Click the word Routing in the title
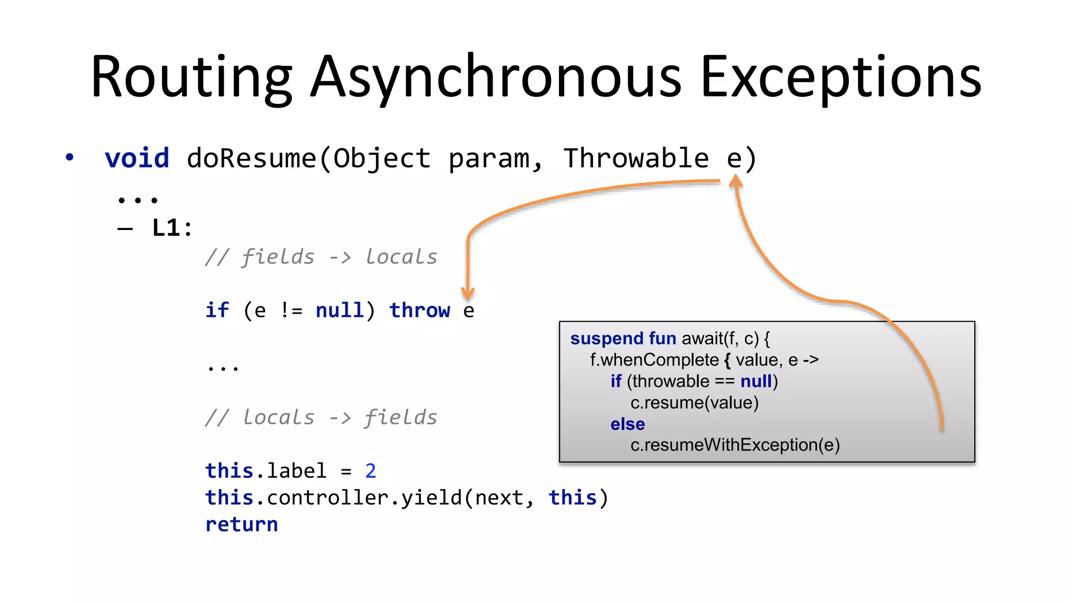pos(190,77)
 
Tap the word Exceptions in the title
pos(841,77)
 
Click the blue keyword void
pos(137,158)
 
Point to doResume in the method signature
pos(252,158)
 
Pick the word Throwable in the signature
pos(636,158)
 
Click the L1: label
pos(172,228)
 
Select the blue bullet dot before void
pos(70,157)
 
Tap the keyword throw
pos(419,310)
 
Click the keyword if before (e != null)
pos(217,310)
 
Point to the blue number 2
pos(370,471)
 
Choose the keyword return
pos(242,524)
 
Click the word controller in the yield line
pos(327,497)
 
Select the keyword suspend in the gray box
pos(607,339)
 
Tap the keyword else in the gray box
pos(628,424)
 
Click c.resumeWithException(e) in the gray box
pos(735,445)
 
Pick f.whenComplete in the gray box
pos(654,360)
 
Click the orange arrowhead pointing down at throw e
pos(468,293)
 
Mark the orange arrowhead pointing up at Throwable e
pos(735,181)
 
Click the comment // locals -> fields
pos(321,418)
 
